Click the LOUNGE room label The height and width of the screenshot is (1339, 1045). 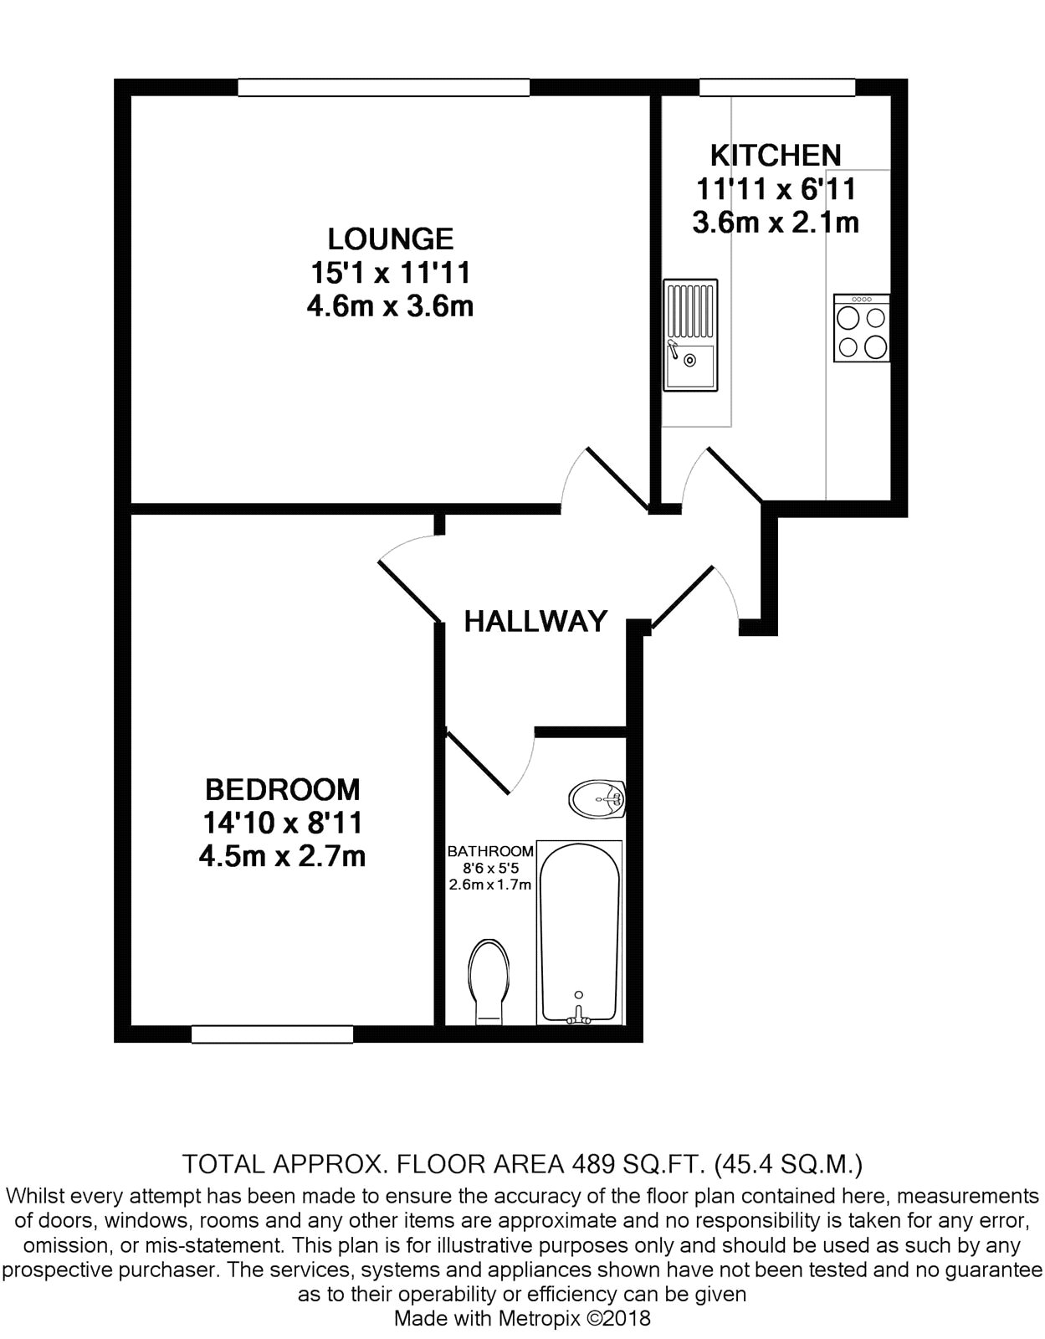click(x=391, y=239)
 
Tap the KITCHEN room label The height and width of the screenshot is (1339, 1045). click(x=776, y=156)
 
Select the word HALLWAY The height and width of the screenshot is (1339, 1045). click(x=535, y=621)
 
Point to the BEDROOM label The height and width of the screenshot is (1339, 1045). click(x=282, y=789)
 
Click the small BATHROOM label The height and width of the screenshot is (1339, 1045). click(x=490, y=851)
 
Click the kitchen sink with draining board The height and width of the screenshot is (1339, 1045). click(x=689, y=335)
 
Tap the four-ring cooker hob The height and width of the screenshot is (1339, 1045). click(x=862, y=328)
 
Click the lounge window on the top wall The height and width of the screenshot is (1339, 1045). click(x=384, y=88)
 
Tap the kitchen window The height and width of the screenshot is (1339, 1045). click(x=776, y=88)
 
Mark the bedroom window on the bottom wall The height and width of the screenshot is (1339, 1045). click(x=272, y=1034)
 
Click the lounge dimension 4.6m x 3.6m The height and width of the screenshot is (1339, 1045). click(x=391, y=306)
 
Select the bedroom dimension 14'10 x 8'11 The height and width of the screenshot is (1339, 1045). click(x=282, y=823)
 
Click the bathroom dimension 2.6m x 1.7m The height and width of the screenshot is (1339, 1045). click(x=490, y=885)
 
